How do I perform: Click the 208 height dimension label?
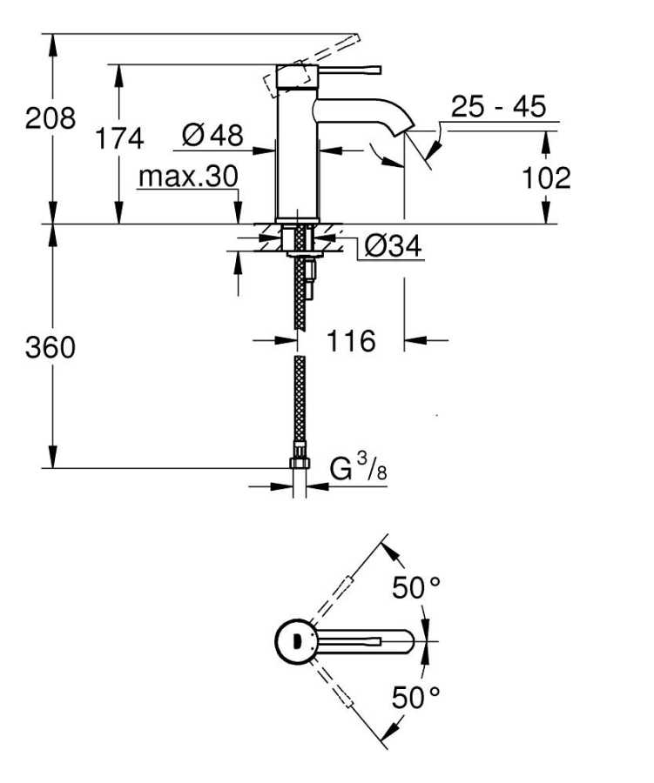tap(50, 117)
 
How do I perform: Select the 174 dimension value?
tap(119, 138)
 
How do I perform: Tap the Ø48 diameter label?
tap(212, 135)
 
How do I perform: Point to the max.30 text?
tap(188, 177)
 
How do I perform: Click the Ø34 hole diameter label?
tap(392, 247)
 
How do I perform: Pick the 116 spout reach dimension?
tap(351, 341)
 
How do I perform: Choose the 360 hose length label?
tap(50, 348)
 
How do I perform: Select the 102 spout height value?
tap(546, 177)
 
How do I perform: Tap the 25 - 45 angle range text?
tap(498, 108)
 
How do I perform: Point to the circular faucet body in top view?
tap(294, 643)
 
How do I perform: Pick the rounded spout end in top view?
tap(409, 643)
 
